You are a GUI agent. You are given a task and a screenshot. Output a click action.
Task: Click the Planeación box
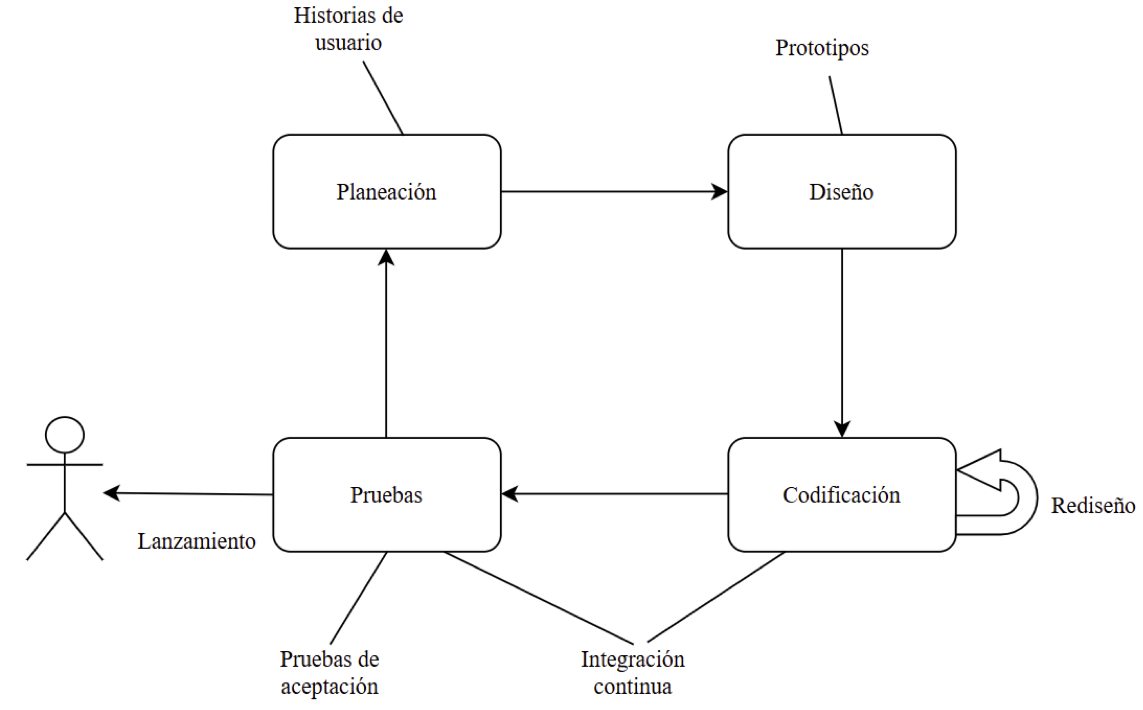(x=387, y=192)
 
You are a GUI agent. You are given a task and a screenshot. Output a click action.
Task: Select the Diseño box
(x=842, y=192)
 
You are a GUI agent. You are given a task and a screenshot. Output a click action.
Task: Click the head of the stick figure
(x=65, y=435)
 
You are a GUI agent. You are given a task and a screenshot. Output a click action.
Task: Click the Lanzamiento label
(x=196, y=542)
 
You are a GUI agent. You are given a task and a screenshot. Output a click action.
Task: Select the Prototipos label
(x=822, y=48)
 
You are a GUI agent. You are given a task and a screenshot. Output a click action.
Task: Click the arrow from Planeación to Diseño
(x=610, y=192)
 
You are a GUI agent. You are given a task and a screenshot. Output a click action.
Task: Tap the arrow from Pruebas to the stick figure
(x=188, y=493)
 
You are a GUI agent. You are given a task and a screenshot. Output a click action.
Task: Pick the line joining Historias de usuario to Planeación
(x=383, y=98)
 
